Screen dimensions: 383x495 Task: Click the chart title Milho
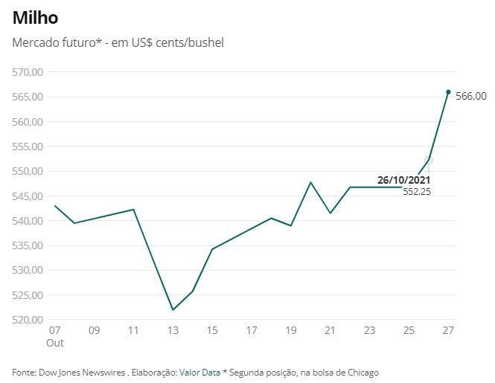coord(35,17)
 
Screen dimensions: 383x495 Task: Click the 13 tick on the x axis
coord(173,329)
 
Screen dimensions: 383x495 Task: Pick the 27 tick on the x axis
coord(448,329)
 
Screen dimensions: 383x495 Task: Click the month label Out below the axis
coord(55,343)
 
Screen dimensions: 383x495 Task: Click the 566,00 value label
coord(470,96)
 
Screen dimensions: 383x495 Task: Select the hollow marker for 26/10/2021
coord(429,160)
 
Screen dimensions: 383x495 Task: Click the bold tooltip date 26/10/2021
coord(403,180)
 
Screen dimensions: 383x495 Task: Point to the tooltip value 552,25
coord(417,192)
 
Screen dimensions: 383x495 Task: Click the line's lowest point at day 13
coord(173,309)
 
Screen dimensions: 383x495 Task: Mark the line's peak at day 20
coord(310,181)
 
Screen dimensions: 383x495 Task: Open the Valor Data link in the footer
coord(199,372)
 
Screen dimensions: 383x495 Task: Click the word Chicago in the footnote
coord(363,372)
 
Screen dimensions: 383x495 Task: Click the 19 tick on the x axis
coord(291,329)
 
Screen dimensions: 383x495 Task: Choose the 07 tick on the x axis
coord(54,329)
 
